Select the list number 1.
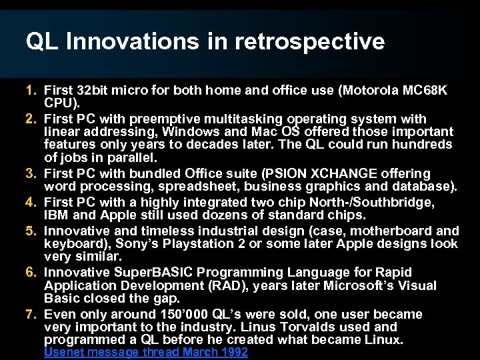tap(31, 89)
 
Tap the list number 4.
tap(31, 202)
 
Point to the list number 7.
tap(31, 314)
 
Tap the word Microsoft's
tap(370, 286)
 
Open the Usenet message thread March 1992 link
tap(145, 352)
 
